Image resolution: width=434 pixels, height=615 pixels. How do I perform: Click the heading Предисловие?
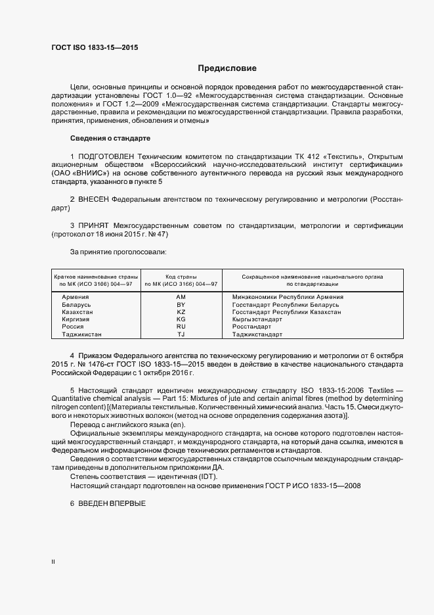click(227, 68)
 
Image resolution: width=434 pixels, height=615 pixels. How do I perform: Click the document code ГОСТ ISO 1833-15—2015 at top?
click(95, 47)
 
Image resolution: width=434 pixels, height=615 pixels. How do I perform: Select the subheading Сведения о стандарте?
click(110, 139)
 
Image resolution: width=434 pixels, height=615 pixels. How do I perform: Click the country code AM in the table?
click(181, 297)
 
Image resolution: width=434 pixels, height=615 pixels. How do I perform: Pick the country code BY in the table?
click(181, 305)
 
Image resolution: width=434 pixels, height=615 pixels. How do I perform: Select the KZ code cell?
click(181, 312)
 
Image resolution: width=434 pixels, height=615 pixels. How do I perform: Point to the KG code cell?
click(181, 319)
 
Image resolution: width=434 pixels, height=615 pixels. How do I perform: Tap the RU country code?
click(181, 327)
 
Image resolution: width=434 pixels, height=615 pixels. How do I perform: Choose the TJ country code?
click(181, 334)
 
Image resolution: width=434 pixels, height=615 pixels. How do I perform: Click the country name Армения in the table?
click(75, 297)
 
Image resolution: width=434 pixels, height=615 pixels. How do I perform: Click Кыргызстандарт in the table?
click(257, 319)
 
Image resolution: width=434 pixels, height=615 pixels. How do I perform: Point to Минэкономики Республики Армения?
click(288, 297)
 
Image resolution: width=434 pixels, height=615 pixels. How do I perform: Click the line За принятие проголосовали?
click(118, 252)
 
